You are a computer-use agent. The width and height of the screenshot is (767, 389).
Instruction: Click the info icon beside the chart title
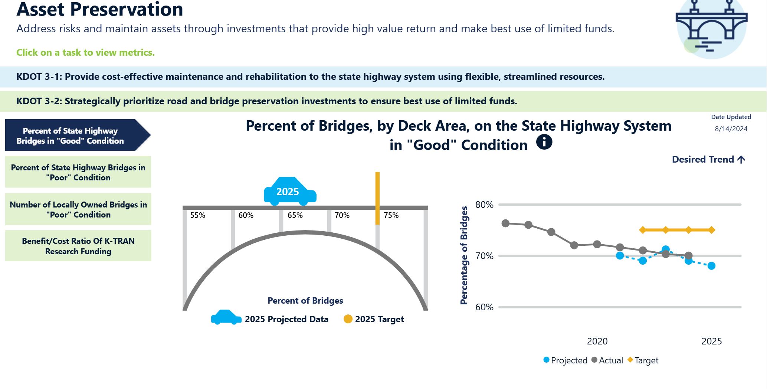tap(544, 142)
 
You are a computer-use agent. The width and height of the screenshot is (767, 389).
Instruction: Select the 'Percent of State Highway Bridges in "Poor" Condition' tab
tap(78, 172)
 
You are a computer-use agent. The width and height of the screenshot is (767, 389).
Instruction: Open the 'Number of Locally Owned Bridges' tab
tap(78, 209)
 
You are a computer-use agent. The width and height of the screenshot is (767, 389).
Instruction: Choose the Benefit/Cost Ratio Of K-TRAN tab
tap(78, 246)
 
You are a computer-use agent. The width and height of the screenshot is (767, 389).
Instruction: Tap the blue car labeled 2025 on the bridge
tap(290, 191)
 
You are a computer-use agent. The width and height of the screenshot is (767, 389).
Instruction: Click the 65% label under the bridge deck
tap(295, 215)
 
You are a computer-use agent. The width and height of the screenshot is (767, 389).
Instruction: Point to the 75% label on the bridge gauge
tap(391, 215)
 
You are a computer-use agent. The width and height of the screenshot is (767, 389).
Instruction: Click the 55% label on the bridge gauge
tap(197, 215)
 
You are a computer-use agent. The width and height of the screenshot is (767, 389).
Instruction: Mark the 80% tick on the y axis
tap(484, 205)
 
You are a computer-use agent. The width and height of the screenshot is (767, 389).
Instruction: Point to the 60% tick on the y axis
tap(484, 307)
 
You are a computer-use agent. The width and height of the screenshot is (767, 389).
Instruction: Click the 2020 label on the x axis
tap(597, 341)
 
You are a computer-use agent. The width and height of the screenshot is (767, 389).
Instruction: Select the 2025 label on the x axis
tap(711, 341)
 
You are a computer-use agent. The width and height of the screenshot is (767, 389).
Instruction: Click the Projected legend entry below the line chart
tap(565, 360)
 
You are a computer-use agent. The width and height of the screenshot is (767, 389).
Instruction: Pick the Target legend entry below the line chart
tap(643, 360)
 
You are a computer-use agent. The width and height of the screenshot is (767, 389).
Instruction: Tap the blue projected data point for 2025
tap(711, 266)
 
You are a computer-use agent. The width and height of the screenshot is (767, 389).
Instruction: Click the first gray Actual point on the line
tap(505, 223)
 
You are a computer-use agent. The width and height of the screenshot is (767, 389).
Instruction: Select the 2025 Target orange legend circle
tap(348, 319)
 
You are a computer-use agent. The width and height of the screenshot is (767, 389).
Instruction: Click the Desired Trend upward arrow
tap(741, 160)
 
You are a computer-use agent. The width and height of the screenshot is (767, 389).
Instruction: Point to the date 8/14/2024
tap(731, 129)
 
